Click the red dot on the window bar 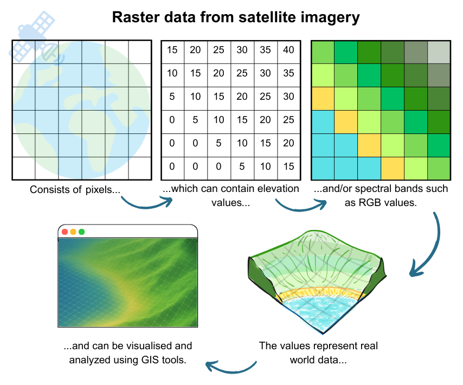point(65,232)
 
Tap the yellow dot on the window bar point(73,232)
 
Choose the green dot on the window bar point(81,232)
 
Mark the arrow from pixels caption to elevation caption point(145,203)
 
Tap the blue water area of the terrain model point(317,312)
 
